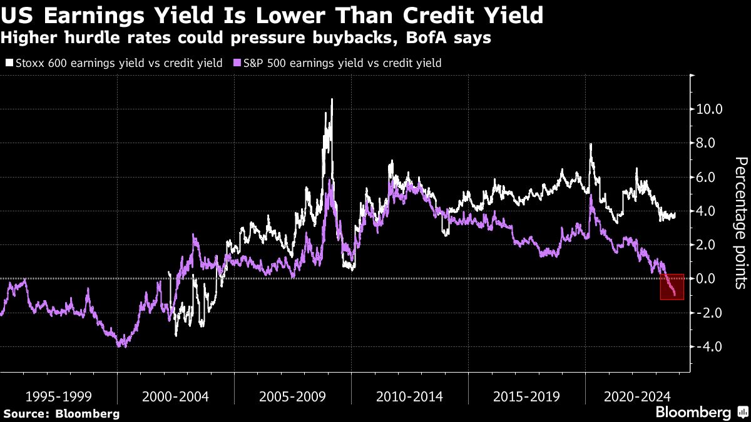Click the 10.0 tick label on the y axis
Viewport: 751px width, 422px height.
coord(710,109)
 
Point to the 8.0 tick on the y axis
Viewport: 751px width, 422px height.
coord(710,143)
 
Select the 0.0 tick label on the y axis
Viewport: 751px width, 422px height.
coord(710,279)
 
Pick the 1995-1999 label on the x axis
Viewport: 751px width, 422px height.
coord(58,396)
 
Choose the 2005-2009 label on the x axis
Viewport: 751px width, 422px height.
coord(292,396)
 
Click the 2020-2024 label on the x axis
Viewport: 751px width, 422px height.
coord(635,396)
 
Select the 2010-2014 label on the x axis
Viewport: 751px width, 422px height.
coord(409,396)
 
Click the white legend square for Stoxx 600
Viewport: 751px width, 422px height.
coord(8,63)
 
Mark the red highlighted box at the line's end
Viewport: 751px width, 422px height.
coord(672,286)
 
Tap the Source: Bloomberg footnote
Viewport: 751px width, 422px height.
coord(61,413)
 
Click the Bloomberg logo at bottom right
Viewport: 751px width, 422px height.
coord(693,412)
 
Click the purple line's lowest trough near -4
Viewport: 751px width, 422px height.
coord(123,345)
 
